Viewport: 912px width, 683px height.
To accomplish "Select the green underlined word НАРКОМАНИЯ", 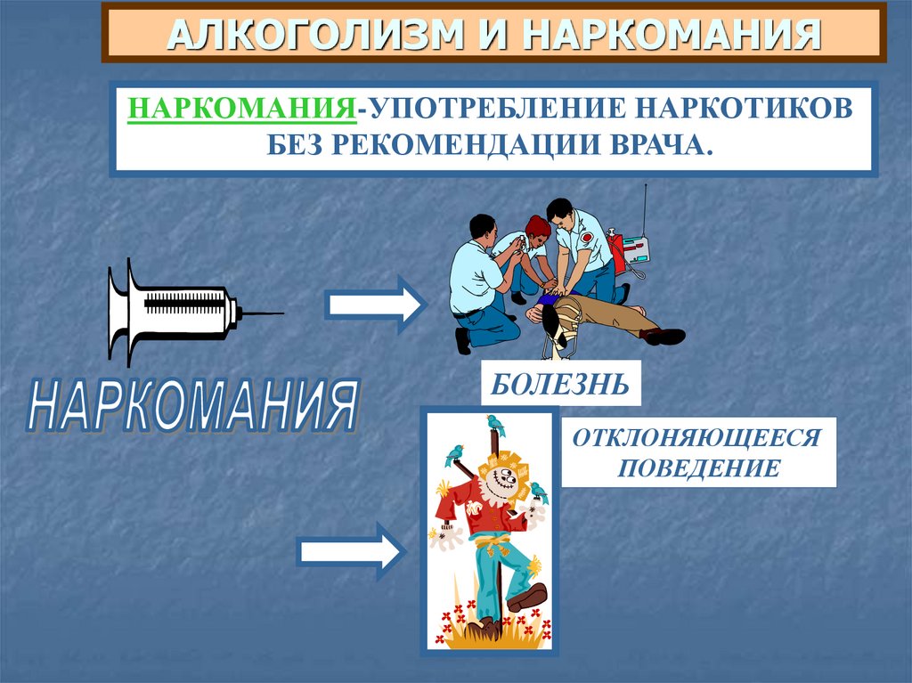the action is tap(240, 109).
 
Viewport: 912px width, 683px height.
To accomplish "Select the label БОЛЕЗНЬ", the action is tap(560, 385).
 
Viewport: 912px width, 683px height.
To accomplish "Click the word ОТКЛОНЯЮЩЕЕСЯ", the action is tap(697, 439).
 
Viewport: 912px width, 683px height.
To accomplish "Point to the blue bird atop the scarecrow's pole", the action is tap(495, 424).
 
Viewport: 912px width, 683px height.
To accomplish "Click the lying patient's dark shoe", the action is tap(664, 336).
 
